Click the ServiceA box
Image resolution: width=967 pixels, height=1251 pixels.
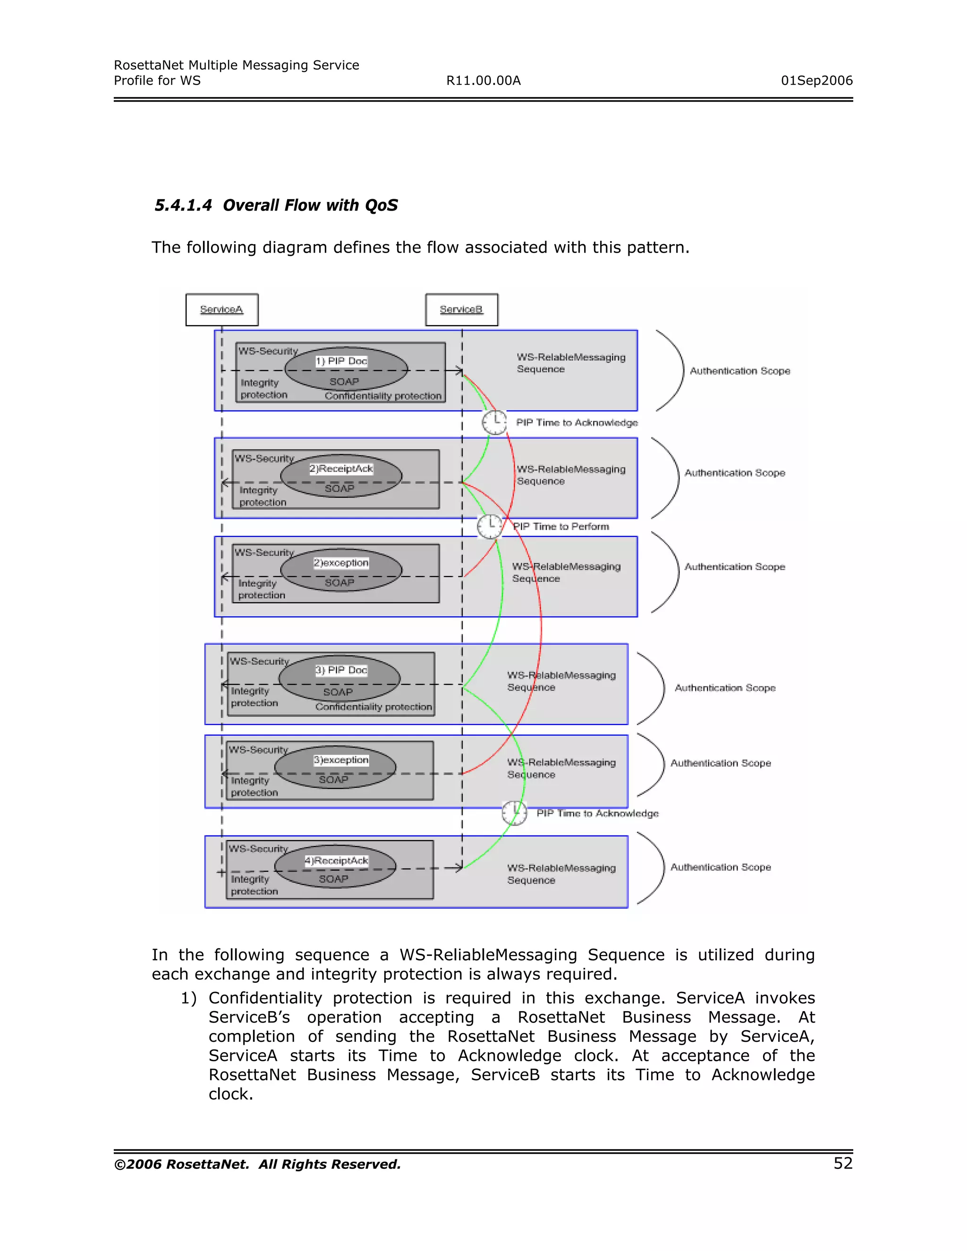tap(222, 309)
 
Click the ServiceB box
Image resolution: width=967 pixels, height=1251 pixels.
tap(461, 309)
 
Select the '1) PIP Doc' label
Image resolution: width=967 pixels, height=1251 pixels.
tap(341, 361)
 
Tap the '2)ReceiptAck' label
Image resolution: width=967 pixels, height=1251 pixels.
tap(341, 469)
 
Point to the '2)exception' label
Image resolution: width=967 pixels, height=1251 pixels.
tap(341, 563)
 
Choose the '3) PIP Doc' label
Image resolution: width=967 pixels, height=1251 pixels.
tap(341, 669)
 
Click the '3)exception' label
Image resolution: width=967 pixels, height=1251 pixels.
tap(341, 760)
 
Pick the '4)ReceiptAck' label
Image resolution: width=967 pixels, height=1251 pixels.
tap(337, 860)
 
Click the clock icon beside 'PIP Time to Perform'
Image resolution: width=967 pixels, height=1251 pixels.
tap(490, 526)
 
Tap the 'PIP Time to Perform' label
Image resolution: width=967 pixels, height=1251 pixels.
tap(561, 526)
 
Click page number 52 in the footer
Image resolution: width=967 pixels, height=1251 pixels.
tap(843, 1163)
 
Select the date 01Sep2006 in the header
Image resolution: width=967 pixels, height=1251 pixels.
tap(816, 81)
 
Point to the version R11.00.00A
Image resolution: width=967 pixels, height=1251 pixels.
tap(483, 81)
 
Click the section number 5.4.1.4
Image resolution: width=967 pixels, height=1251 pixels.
tap(183, 205)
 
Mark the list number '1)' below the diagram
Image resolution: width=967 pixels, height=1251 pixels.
tap(188, 998)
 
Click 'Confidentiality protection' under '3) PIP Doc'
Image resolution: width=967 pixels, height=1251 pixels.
tap(373, 707)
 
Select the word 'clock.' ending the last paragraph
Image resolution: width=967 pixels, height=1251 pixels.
tap(230, 1094)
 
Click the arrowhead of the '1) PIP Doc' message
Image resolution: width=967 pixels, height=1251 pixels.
tap(459, 371)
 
